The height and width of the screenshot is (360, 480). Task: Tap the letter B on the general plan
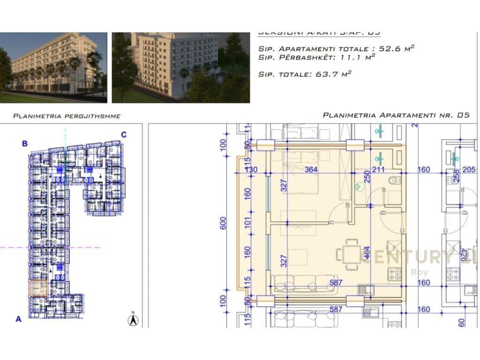(25, 143)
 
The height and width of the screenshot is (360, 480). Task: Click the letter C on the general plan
(124, 135)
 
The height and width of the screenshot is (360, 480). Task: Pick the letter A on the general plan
(19, 319)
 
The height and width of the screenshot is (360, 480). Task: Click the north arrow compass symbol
(134, 320)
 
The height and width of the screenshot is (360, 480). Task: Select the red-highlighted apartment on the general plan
(39, 288)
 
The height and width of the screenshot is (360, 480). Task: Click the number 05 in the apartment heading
(463, 115)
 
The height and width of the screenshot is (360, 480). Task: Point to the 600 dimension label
(224, 223)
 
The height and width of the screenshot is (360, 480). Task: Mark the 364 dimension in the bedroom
(311, 170)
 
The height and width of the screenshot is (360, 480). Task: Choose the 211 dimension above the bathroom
(378, 170)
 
